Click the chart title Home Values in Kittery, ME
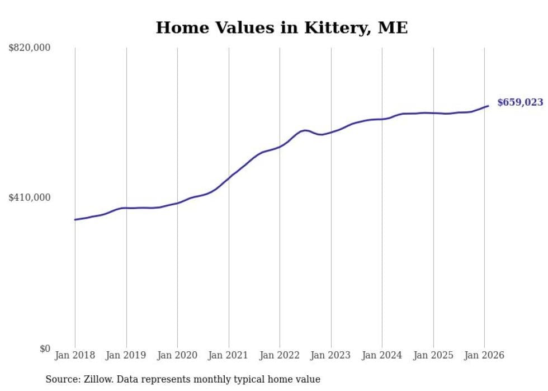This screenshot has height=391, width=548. [x=281, y=28]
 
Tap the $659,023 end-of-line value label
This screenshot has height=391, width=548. [x=519, y=102]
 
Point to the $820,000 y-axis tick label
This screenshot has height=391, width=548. [x=29, y=48]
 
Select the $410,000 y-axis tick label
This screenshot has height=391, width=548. [x=29, y=197]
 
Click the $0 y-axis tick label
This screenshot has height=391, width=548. [x=44, y=348]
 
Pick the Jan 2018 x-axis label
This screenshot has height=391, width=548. [x=75, y=355]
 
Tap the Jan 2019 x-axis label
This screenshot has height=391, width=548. [x=126, y=355]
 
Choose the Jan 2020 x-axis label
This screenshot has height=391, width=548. [x=177, y=355]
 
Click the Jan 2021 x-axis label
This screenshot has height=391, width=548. [x=229, y=355]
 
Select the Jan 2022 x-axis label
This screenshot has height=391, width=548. [x=280, y=355]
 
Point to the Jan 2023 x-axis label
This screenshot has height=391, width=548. [x=331, y=355]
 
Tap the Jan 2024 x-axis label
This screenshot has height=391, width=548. [x=382, y=355]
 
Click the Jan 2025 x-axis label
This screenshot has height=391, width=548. [x=433, y=355]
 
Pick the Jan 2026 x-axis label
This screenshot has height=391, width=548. [x=484, y=355]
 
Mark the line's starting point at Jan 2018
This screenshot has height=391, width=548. [x=75, y=219]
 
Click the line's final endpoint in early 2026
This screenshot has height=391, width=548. [x=488, y=106]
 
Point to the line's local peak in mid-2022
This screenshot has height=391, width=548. [x=305, y=130]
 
